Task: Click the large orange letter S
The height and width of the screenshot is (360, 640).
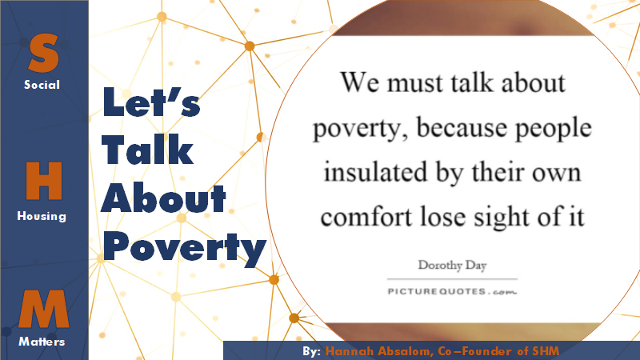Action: (43, 53)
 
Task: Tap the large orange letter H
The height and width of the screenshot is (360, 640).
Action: (44, 181)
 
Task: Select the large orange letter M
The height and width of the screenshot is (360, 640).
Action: (44, 309)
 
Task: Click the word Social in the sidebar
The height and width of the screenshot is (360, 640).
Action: (42, 85)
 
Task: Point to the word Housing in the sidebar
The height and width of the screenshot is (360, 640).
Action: (42, 215)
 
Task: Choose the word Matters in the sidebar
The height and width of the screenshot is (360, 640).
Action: (42, 342)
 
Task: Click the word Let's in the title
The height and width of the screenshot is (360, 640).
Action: (151, 102)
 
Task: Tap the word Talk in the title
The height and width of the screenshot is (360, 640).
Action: (147, 150)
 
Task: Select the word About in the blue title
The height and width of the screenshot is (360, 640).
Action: (163, 198)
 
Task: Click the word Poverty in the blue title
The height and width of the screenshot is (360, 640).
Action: (185, 248)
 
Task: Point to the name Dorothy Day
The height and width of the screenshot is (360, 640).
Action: (452, 266)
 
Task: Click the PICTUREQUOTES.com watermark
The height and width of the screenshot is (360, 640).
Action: (452, 291)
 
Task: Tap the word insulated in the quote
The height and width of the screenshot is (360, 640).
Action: (375, 172)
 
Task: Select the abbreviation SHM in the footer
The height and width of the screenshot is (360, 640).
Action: (546, 351)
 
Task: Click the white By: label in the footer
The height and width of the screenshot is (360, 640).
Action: (312, 351)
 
